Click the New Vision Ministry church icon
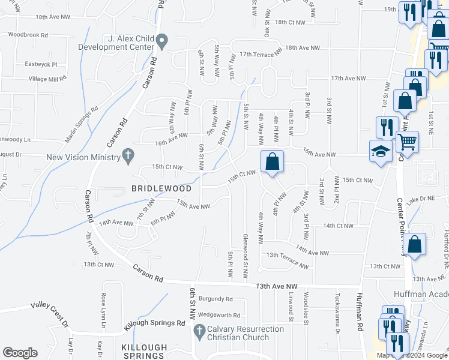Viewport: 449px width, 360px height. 127,156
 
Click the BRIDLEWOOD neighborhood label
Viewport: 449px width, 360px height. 161,188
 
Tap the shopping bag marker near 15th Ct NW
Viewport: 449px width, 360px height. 273,161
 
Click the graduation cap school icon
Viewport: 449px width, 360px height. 381,151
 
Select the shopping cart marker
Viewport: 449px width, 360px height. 407,142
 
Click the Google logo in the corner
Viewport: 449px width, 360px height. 20,352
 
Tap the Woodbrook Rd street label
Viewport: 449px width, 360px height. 28,35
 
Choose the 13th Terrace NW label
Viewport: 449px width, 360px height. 288,259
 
